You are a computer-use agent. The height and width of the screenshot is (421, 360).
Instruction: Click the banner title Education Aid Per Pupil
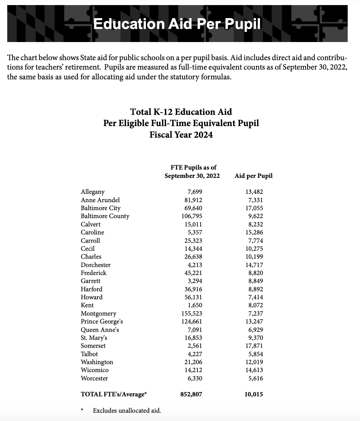coord(177,24)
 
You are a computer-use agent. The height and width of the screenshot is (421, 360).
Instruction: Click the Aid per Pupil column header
coord(254,176)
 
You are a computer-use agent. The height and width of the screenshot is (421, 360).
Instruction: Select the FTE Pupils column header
coord(192,171)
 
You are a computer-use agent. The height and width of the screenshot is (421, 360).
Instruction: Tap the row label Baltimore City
coord(100,208)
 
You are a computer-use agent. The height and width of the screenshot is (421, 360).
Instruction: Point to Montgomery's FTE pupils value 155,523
coord(192,314)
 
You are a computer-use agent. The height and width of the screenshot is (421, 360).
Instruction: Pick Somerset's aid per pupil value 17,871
coord(254,346)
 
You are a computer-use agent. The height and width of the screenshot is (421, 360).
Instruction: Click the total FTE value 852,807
coord(191,394)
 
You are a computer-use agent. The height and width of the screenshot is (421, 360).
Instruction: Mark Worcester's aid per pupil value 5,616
coord(256,379)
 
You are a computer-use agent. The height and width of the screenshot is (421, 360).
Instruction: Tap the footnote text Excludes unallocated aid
coord(127,410)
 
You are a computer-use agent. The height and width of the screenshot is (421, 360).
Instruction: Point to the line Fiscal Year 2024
coord(181,135)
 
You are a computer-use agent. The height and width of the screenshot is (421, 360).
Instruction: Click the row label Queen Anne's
coord(100,330)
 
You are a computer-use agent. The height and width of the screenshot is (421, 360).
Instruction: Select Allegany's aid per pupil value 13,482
coord(254,192)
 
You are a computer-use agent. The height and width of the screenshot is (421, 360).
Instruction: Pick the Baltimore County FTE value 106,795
coord(192,216)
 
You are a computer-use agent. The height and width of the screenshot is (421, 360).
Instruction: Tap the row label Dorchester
coord(96,265)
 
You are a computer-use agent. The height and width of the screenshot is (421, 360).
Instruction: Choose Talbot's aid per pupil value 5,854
coord(256,354)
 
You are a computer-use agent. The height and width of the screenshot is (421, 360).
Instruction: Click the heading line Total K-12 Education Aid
coord(181,112)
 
